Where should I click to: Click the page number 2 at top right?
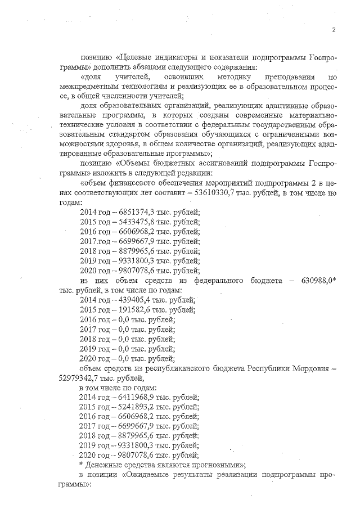[x=334, y=30]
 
